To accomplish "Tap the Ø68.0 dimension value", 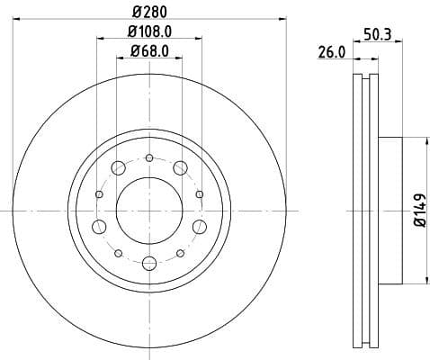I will coord(148,51).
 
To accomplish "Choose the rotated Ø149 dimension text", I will coord(419,211).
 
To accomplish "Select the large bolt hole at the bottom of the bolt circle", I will coord(148,263).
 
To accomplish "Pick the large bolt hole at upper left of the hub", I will coord(118,167).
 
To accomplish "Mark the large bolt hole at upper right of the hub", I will coord(180,167).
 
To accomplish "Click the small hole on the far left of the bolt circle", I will coord(99,193).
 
